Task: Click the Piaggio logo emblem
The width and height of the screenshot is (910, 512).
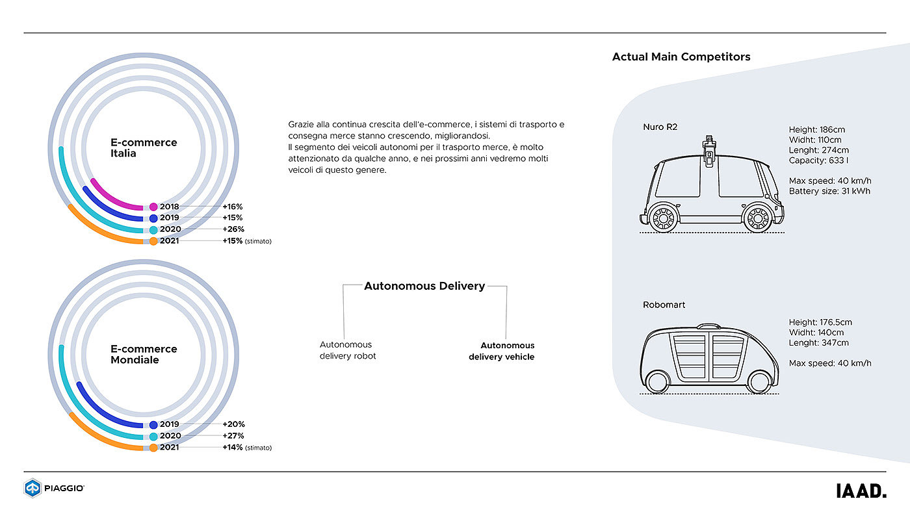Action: [32, 488]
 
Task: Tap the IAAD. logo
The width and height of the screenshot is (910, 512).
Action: [861, 491]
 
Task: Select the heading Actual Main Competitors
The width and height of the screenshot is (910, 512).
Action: [681, 57]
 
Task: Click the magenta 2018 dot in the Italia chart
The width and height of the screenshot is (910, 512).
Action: [153, 207]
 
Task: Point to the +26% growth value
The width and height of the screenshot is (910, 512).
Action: [233, 229]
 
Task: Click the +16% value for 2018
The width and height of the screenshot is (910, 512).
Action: [233, 207]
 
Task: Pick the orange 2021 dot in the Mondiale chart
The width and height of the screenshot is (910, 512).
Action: [153, 448]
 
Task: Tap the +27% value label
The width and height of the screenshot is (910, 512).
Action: [233, 436]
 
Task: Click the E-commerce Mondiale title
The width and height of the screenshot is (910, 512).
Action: [144, 354]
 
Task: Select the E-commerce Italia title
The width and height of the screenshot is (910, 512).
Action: [144, 148]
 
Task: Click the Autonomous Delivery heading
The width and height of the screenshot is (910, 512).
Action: [424, 286]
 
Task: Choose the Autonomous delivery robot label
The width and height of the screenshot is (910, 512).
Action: [348, 350]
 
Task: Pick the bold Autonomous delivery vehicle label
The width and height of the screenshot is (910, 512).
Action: [502, 351]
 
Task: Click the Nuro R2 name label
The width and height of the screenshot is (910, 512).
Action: [660, 127]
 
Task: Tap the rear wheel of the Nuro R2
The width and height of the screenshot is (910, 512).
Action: [662, 218]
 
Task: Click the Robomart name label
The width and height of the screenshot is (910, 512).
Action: [664, 305]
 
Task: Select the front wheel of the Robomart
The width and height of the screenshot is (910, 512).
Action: [758, 382]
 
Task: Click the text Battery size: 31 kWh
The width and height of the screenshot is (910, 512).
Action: [829, 191]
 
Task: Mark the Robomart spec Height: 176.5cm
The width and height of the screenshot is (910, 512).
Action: [820, 322]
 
